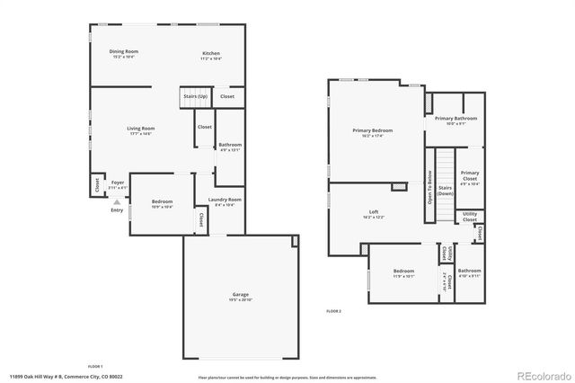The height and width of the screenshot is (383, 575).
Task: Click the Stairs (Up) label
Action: pyautogui.click(x=195, y=95)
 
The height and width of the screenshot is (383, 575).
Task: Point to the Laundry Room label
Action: pyautogui.click(x=225, y=200)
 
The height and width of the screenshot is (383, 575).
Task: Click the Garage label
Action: pyautogui.click(x=240, y=295)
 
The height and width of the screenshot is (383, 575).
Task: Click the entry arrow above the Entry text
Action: pyautogui.click(x=115, y=202)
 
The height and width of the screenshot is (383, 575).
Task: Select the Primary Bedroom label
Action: pyautogui.click(x=372, y=131)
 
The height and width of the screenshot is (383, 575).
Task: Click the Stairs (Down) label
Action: pyautogui.click(x=445, y=191)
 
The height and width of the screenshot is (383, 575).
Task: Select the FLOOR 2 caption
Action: pyautogui.click(x=334, y=310)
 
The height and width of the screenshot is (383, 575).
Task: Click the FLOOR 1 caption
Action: pyautogui.click(x=95, y=366)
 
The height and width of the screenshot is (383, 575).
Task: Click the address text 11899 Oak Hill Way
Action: pyautogui.click(x=54, y=377)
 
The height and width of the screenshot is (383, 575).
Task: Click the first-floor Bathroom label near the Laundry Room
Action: pyautogui.click(x=230, y=147)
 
